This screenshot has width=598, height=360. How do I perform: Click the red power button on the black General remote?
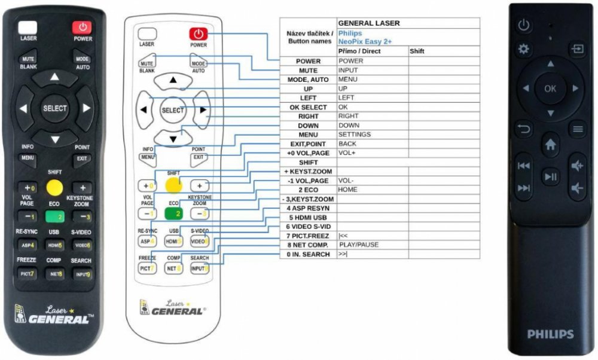click(82, 27)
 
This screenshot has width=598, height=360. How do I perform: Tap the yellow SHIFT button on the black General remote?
click(54, 188)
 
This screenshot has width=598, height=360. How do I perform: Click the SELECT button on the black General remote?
click(54, 108)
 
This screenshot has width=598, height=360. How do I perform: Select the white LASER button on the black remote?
click(27, 27)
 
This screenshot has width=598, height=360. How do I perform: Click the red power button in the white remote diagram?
click(199, 34)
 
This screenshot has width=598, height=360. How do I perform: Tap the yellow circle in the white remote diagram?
click(173, 184)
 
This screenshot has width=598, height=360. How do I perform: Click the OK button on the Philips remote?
click(550, 89)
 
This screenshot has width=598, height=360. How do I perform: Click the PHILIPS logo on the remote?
click(550, 334)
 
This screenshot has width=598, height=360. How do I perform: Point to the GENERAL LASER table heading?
click(369, 23)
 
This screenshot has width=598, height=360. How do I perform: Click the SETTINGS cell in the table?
click(354, 135)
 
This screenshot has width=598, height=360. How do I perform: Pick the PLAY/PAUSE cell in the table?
click(359, 245)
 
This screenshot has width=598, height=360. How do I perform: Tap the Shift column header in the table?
click(417, 51)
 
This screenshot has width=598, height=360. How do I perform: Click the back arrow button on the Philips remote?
click(523, 129)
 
